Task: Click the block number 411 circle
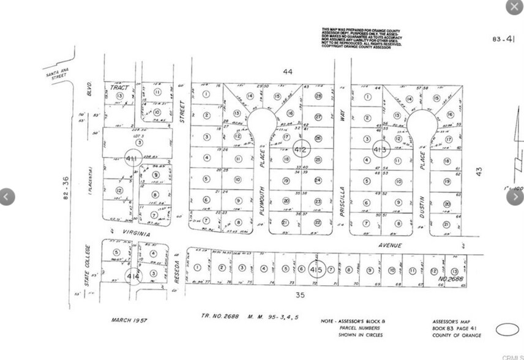[x=132, y=159]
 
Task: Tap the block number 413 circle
[x=380, y=149]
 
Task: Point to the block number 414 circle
[x=132, y=276]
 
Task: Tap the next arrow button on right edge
[x=514, y=197]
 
